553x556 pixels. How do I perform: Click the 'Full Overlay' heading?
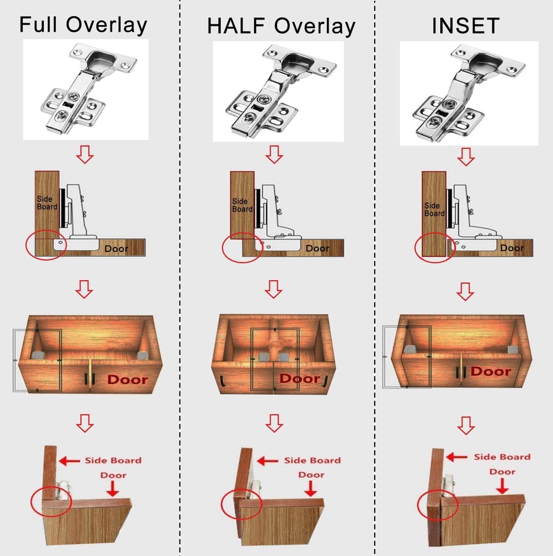tap(83, 26)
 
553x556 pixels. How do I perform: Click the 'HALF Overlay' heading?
tap(281, 26)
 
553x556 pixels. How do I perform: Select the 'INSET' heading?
tap(465, 26)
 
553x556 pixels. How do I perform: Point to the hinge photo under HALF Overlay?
tap(278, 91)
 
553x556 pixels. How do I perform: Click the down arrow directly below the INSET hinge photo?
tap(465, 157)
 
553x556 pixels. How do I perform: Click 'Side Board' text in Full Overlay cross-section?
tap(45, 203)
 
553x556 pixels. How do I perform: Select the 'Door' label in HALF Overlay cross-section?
tap(317, 248)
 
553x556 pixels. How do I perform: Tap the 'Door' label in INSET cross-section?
tap(512, 248)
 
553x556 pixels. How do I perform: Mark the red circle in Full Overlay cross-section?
tap(46, 247)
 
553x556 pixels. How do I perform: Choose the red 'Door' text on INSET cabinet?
tap(491, 371)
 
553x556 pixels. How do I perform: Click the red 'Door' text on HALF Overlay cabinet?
tap(300, 378)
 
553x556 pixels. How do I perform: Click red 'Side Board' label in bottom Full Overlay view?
tap(113, 460)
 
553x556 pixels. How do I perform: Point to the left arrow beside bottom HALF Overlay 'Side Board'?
tap(267, 461)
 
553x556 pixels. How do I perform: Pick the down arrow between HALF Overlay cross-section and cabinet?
tap(274, 289)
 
